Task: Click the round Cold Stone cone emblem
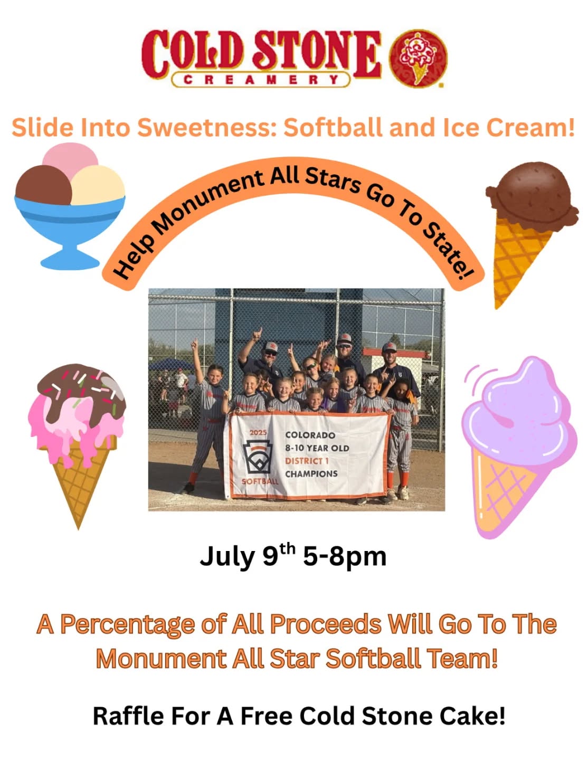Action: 418,59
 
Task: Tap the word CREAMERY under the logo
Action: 261,80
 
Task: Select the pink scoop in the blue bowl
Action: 70,161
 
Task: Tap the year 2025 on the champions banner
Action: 258,433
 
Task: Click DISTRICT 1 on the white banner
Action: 307,461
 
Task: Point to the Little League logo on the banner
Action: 258,457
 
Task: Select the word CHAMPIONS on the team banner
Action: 311,474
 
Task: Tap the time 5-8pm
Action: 345,557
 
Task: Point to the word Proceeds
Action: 325,624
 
